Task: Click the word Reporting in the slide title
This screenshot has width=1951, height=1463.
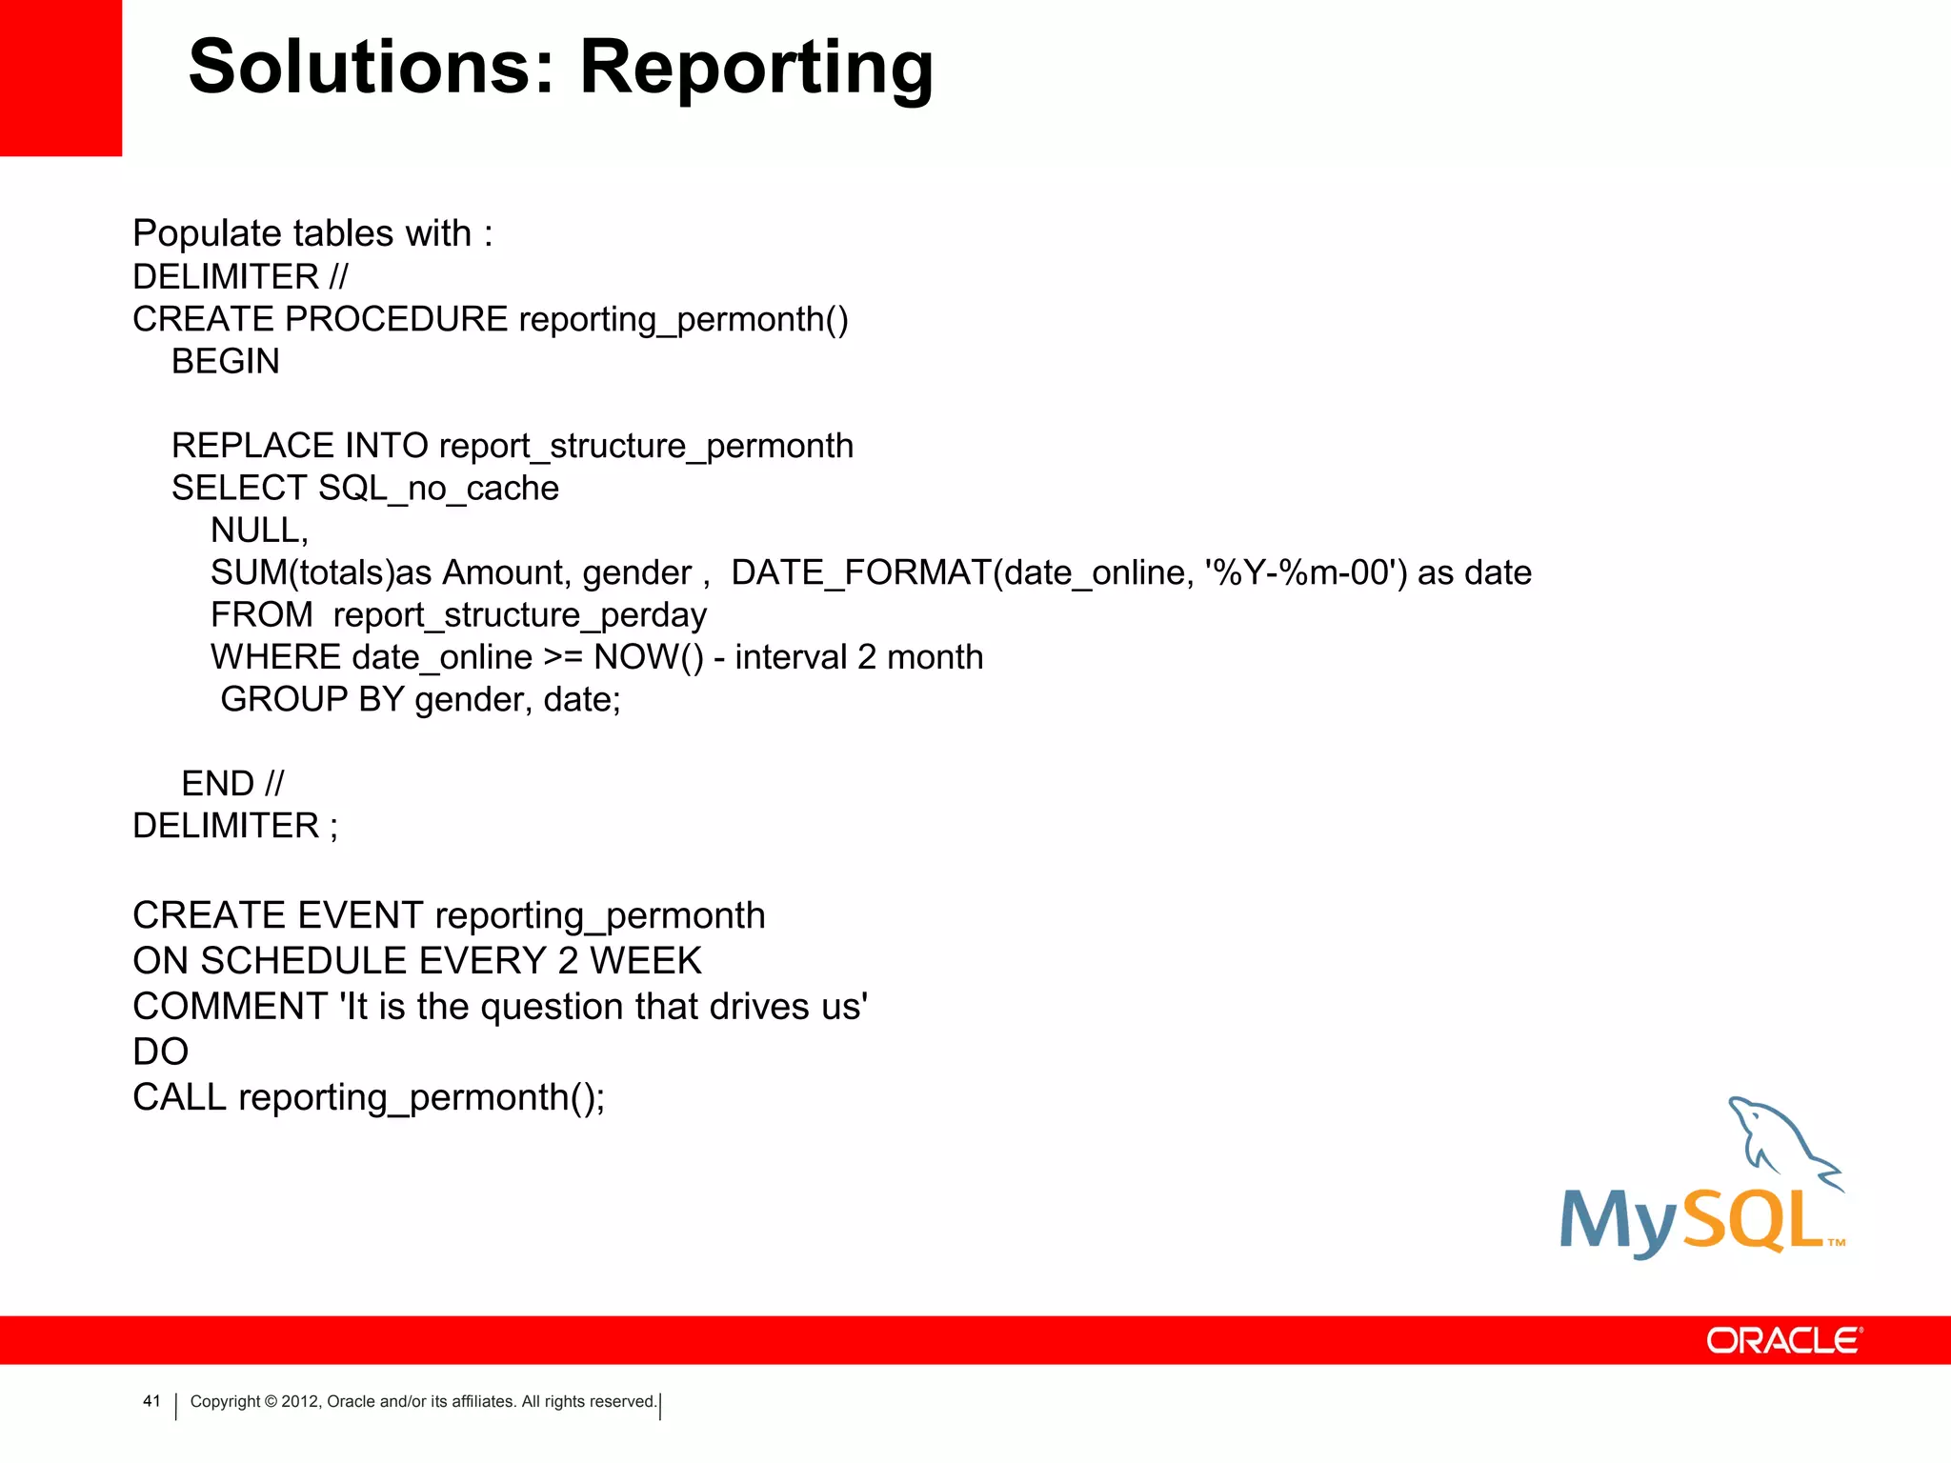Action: [756, 69]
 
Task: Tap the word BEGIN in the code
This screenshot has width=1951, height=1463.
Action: [226, 362]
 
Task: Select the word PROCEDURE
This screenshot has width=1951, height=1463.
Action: [396, 319]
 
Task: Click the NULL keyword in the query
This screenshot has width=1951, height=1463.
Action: [258, 531]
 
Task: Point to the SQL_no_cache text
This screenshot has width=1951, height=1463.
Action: [438, 489]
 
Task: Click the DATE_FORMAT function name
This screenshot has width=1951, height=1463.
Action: [860, 572]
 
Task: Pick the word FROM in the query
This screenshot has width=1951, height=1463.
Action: [261, 615]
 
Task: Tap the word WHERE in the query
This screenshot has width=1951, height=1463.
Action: [275, 657]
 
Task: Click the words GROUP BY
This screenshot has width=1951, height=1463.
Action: [312, 700]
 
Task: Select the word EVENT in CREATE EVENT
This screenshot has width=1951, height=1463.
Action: [360, 915]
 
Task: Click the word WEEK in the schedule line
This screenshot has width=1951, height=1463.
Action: [645, 961]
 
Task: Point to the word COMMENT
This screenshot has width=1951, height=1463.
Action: [231, 1007]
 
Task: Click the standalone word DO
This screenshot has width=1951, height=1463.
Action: [160, 1052]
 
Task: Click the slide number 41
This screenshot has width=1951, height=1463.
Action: [151, 1401]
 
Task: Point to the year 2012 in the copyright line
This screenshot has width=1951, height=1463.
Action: [300, 1402]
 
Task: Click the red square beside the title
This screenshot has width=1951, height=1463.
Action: [60, 77]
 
